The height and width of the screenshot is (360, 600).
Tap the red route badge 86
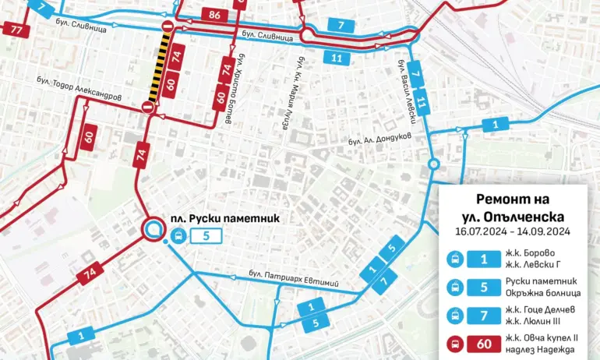(214, 13)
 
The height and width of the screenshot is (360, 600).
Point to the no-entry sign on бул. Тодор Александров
(147, 108)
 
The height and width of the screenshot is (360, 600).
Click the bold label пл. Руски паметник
(224, 219)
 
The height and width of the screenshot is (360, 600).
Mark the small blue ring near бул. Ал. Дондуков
(434, 164)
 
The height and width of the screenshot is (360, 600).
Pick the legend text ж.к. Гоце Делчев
(544, 309)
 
